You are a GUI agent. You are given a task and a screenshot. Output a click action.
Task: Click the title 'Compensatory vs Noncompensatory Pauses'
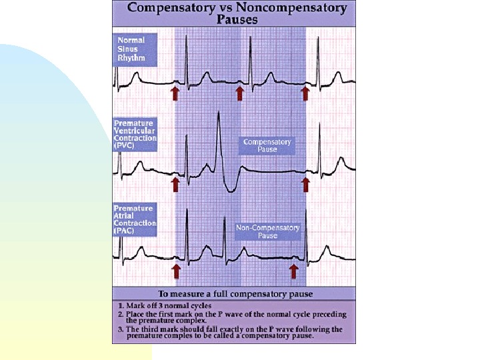click(237, 13)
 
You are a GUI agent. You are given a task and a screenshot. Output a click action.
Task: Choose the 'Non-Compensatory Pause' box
click(268, 231)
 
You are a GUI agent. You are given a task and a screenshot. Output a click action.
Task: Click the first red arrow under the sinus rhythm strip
click(175, 92)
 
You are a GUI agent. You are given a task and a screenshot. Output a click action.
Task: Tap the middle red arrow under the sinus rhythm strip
click(240, 92)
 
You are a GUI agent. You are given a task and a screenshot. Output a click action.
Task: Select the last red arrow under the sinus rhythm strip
click(305, 92)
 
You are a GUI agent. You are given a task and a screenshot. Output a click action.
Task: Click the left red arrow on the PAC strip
click(177, 269)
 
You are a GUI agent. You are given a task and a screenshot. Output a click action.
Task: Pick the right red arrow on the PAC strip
click(293, 269)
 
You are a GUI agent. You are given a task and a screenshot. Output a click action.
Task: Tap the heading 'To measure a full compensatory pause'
click(235, 294)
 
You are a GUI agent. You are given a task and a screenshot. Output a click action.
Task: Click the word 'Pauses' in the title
click(237, 19)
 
